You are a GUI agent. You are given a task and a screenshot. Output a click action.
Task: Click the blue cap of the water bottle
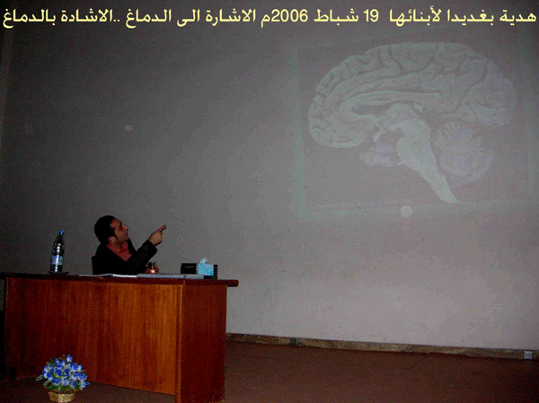point(61,232)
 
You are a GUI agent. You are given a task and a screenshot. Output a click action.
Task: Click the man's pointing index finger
point(162,227)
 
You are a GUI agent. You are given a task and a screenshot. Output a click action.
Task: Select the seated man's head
point(110,230)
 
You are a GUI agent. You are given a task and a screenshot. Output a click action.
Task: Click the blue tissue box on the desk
point(206,268)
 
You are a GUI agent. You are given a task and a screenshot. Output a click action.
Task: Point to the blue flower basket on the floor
point(63,379)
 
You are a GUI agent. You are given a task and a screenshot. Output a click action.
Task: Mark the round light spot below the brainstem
point(406,211)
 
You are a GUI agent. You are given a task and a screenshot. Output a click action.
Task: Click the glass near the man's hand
point(152,267)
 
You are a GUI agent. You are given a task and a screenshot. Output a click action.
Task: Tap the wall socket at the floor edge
point(527,355)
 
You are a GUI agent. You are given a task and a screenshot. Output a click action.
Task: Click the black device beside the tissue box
point(189,268)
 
